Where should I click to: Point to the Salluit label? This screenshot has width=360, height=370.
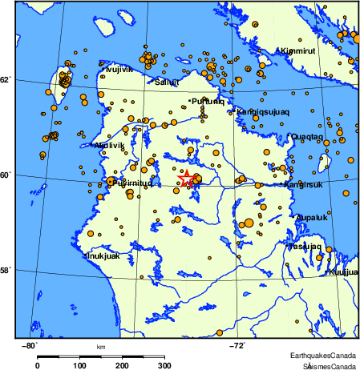tap(168, 81)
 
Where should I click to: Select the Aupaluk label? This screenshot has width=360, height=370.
tap(311, 217)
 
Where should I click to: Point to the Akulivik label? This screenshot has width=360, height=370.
tap(108, 145)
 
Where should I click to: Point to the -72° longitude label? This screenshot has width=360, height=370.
tap(237, 345)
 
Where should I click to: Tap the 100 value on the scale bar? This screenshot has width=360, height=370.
tap(80, 365)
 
